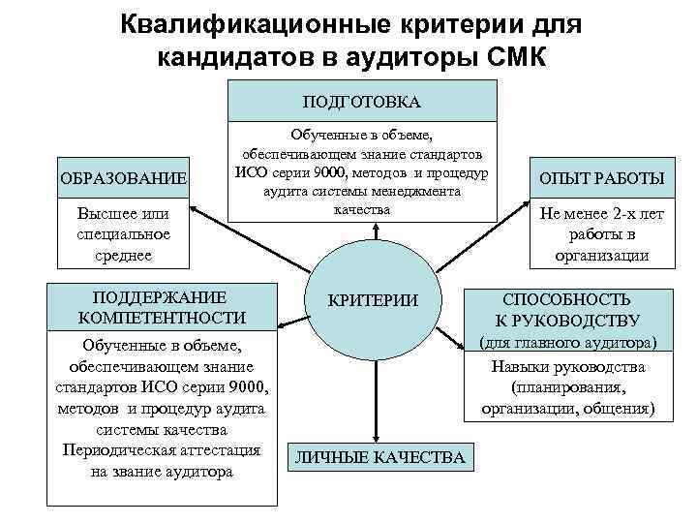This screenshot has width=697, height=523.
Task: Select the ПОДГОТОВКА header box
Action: [361, 101]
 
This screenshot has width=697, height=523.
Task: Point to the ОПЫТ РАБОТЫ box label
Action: [601, 178]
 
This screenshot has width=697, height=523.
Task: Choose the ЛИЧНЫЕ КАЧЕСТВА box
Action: [380, 457]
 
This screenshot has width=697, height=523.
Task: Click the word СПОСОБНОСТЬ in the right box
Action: [580, 300]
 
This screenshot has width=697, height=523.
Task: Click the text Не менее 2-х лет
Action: [601, 215]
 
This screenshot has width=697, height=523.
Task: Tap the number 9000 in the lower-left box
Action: [244, 387]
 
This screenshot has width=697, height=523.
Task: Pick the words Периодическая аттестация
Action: [161, 450]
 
